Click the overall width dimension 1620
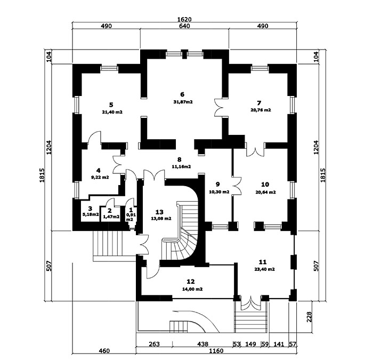click(184, 19)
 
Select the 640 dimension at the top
click(184, 26)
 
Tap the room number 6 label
click(182, 94)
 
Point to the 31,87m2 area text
click(183, 102)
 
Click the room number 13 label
click(159, 212)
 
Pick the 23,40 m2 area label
click(265, 269)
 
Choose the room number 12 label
click(191, 282)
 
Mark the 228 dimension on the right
click(309, 317)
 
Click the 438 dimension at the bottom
click(203, 344)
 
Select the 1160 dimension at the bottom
click(216, 351)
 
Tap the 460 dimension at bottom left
click(104, 351)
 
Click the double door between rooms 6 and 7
click(218, 107)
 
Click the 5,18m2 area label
click(90, 214)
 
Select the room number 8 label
click(179, 159)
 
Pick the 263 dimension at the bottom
click(154, 344)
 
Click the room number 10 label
click(265, 185)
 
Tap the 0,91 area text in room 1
click(131, 215)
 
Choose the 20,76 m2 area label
click(261, 110)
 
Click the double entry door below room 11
click(251, 303)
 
